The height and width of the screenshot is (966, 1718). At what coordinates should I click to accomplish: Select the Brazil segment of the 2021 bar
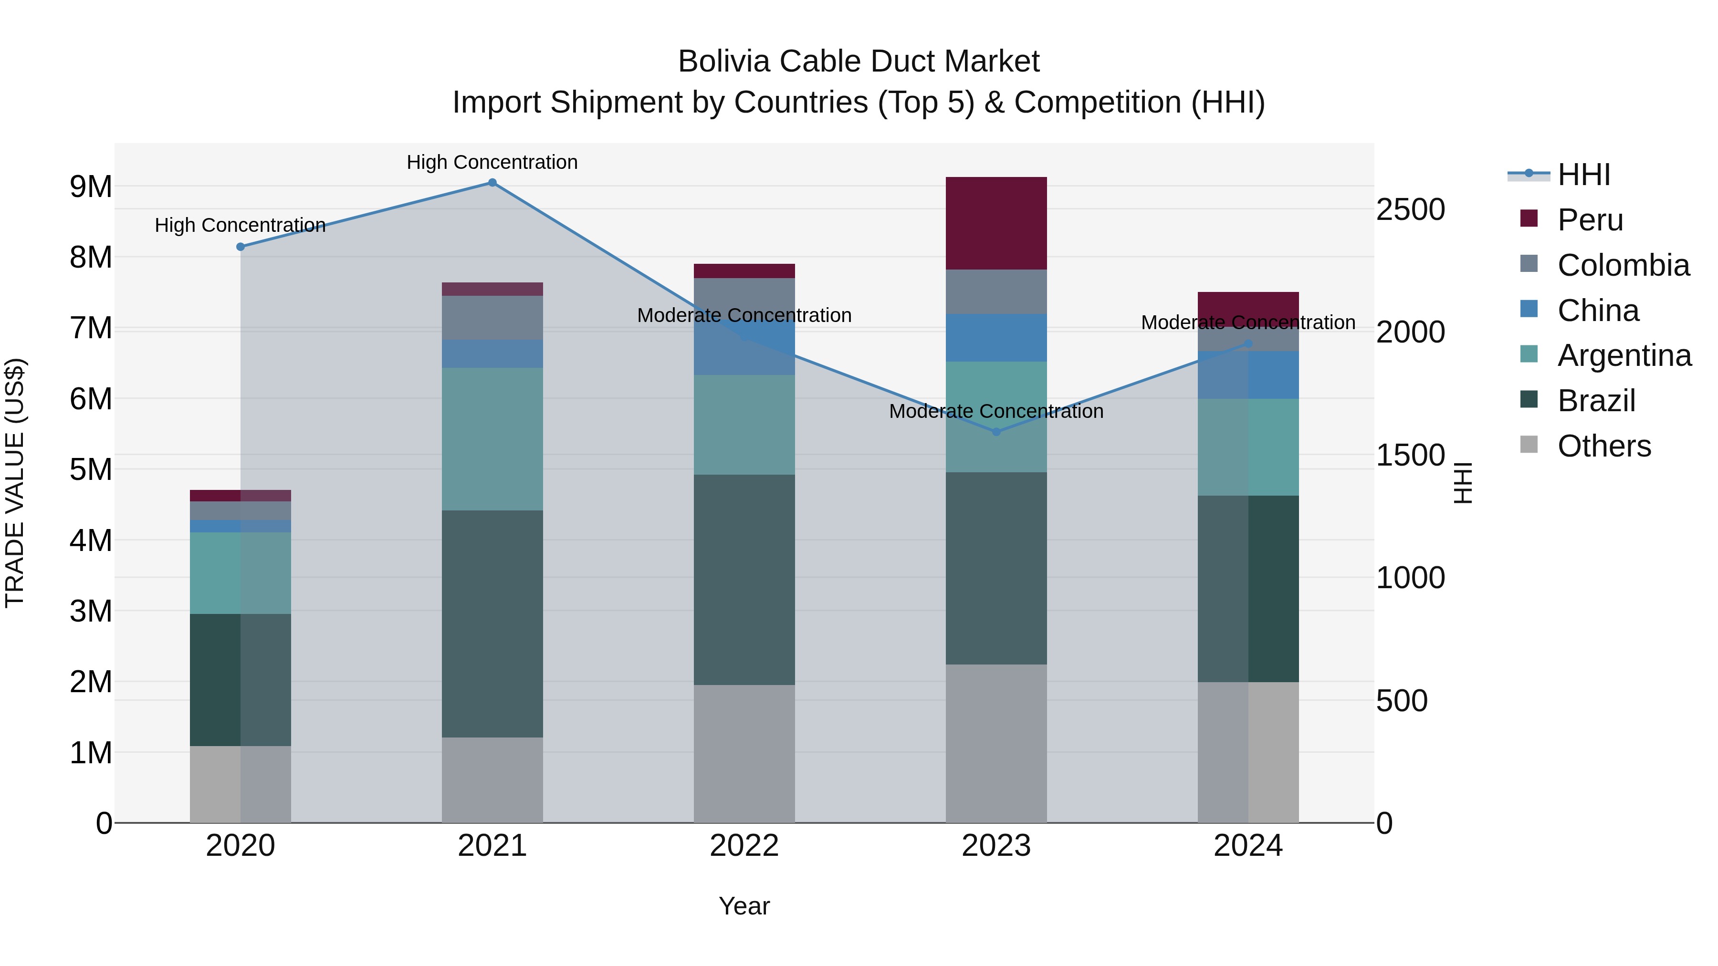click(492, 623)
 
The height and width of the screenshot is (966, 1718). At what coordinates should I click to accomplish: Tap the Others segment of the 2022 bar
click(744, 753)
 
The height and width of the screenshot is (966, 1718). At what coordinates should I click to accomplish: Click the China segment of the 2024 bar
click(1248, 374)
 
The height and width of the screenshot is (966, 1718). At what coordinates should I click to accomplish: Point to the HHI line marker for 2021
click(492, 183)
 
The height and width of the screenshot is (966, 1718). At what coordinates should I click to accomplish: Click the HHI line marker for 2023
click(996, 432)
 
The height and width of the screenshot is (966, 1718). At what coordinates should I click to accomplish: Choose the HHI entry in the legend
click(1583, 175)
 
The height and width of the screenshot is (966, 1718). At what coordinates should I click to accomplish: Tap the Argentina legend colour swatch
click(1529, 354)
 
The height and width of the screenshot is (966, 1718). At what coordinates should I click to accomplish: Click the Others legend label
click(1604, 446)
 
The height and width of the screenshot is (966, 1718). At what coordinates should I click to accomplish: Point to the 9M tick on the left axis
click(91, 187)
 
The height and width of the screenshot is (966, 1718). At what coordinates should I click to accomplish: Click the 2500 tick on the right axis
click(1410, 209)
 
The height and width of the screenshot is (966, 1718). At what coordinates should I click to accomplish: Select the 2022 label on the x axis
click(744, 846)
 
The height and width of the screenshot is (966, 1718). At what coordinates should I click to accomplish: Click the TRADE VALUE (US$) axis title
click(15, 483)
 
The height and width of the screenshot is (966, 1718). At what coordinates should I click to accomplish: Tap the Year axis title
click(744, 906)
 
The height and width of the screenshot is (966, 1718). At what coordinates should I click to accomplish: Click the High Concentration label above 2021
click(492, 162)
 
